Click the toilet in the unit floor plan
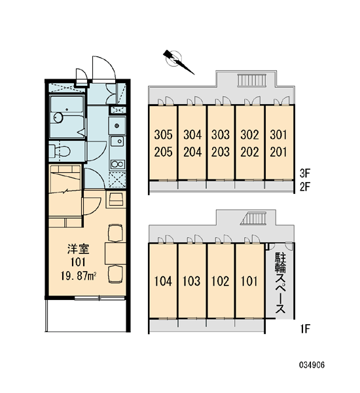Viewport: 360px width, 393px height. click(60, 151)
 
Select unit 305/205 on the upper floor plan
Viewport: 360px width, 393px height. click(163, 143)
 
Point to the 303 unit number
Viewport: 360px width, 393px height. click(221, 135)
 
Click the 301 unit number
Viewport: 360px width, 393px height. click(278, 135)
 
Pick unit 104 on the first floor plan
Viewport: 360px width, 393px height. click(163, 281)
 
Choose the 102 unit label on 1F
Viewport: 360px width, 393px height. click(221, 281)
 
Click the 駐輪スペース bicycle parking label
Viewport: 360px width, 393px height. click(280, 283)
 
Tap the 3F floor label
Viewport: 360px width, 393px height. click(305, 173)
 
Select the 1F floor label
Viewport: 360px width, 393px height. click(305, 329)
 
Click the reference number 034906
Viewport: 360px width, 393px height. click(312, 365)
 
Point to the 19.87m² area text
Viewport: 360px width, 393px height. click(79, 276)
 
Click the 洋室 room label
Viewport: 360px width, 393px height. click(78, 249)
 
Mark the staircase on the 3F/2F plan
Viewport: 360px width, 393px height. click(252, 81)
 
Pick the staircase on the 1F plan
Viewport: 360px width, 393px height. click(253, 218)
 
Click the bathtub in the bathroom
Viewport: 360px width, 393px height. click(67, 117)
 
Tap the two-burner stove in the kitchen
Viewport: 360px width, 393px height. click(118, 164)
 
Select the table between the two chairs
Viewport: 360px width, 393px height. click(115, 253)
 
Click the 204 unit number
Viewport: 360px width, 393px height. click(192, 152)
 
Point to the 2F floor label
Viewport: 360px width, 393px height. click(305, 187)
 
